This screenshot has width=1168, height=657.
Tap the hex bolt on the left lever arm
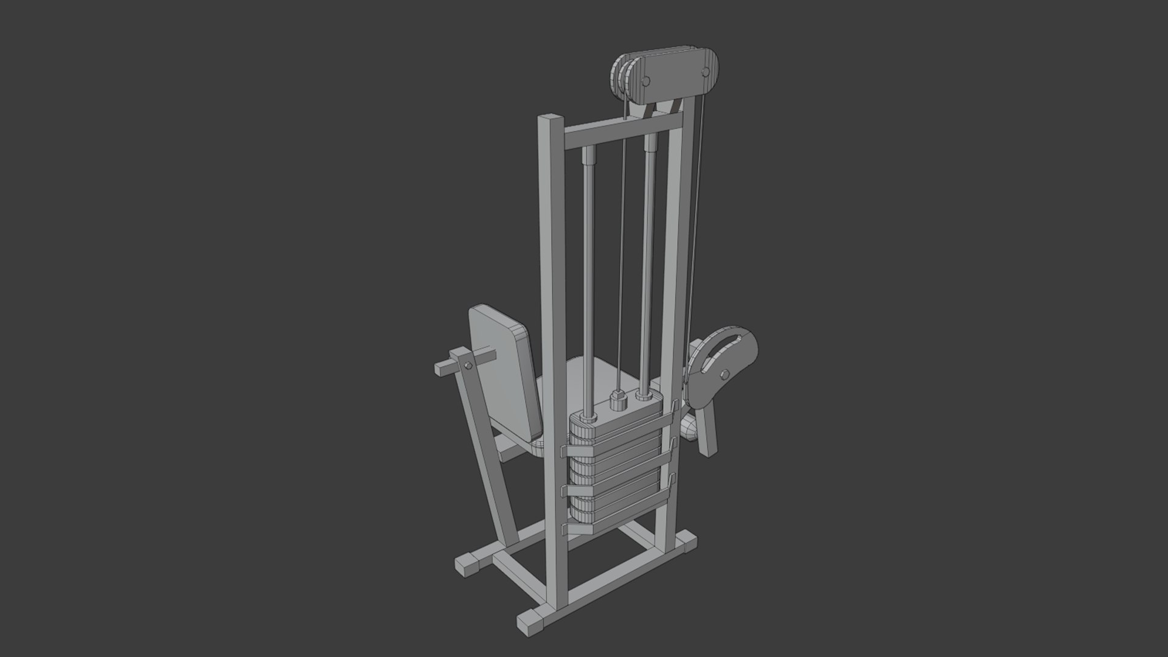(468, 366)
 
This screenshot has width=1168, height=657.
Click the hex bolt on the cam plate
(724, 374)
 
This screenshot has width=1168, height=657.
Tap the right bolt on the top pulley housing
(706, 72)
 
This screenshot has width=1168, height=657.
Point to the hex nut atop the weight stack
(617, 402)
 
